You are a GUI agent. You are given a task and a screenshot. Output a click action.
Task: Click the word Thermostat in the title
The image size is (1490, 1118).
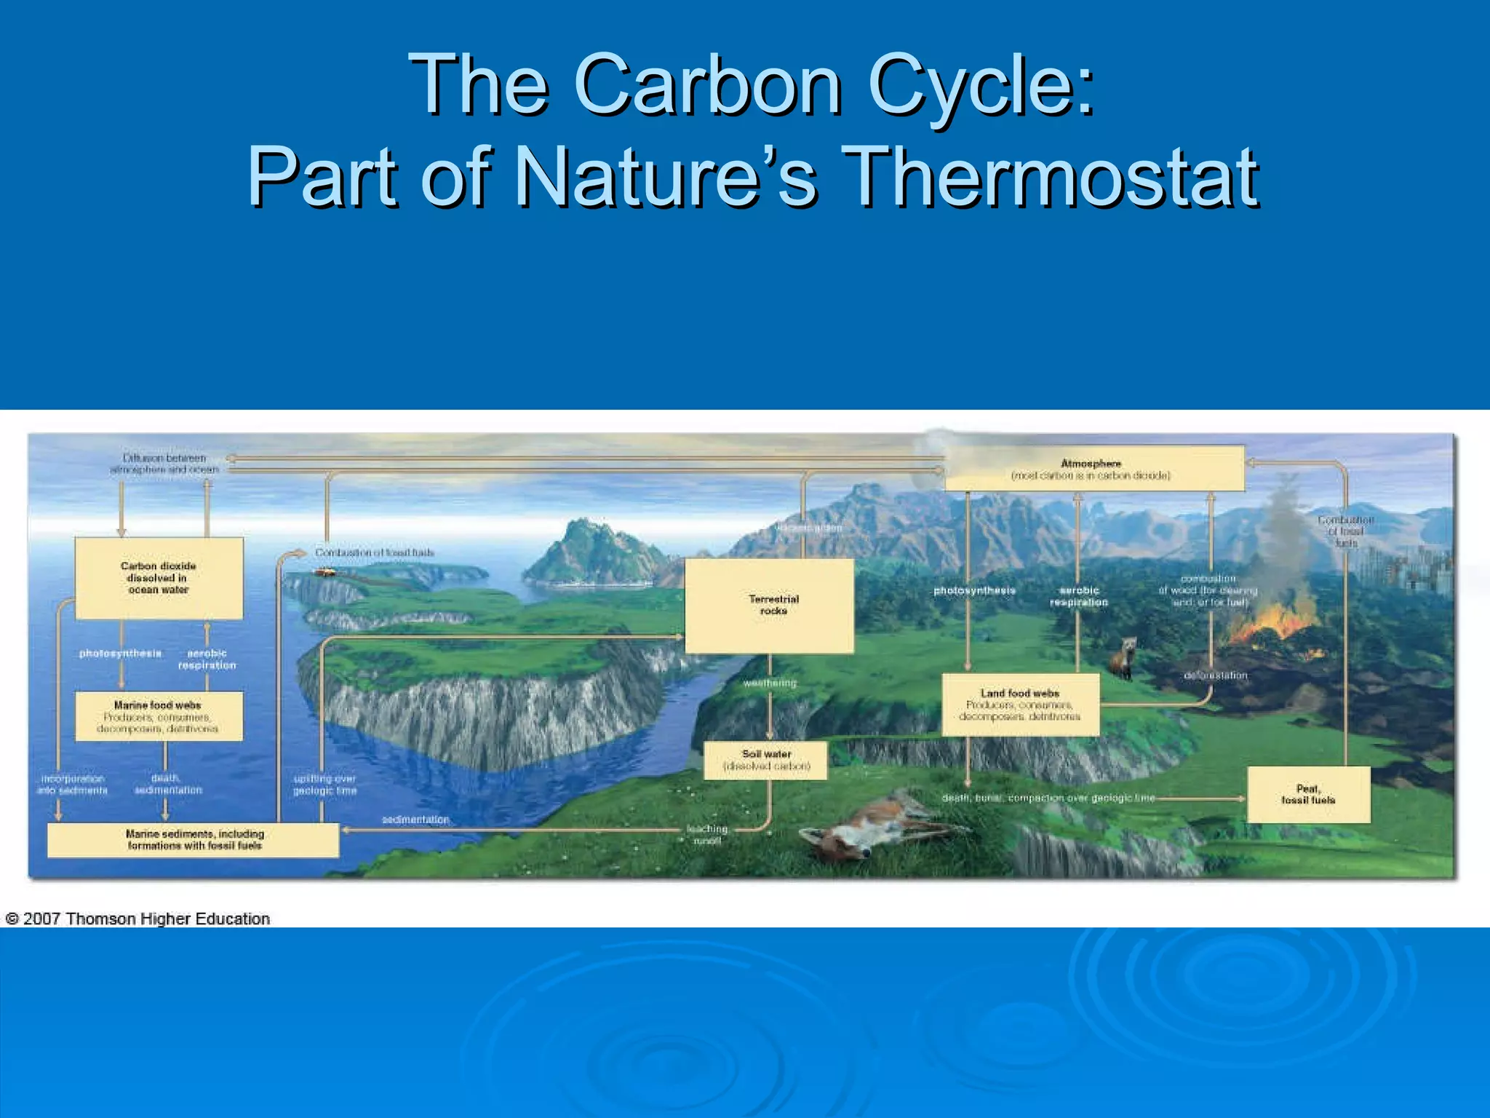(1053, 177)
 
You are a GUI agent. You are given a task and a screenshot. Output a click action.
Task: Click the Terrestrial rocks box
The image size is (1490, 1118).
(770, 605)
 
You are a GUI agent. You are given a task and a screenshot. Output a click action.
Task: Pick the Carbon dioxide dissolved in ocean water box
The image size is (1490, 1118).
(159, 578)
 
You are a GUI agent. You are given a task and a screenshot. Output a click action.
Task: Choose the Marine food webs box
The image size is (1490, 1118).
(159, 716)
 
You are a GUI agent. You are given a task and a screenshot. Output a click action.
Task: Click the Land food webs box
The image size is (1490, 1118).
(1020, 705)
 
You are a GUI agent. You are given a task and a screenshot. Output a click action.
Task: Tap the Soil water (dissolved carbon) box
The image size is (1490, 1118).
(766, 760)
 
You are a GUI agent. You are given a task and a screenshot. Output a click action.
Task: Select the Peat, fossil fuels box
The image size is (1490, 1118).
(1308, 794)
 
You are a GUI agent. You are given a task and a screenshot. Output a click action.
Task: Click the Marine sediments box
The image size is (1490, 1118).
(194, 839)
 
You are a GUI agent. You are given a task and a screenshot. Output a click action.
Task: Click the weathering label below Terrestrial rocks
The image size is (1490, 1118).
(770, 683)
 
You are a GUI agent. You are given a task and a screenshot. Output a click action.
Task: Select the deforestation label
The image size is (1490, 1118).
(1215, 675)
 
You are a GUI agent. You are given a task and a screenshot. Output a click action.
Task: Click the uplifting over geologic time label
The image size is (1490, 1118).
(324, 785)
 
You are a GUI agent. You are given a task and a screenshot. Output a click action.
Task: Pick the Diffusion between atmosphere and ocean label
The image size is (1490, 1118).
(164, 464)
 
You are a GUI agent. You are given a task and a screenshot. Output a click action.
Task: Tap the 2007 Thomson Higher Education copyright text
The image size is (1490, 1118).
(138, 919)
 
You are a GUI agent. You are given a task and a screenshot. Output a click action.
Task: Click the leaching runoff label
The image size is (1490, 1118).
(706, 834)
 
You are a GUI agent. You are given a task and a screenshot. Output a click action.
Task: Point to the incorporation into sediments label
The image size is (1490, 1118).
(72, 784)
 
